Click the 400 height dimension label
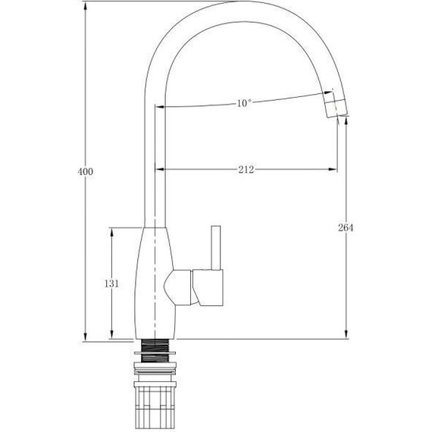coord(86,171)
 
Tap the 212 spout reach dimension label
coord(246,170)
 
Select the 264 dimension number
coord(346,227)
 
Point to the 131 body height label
coord(111,283)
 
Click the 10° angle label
coord(244,103)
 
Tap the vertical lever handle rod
coord(216,248)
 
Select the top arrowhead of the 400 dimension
coord(86,5)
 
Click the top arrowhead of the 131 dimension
coord(111,232)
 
